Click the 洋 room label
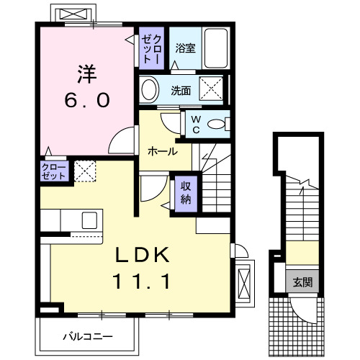coord(85,73)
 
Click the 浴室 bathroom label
coord(185,48)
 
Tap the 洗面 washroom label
coord(180,91)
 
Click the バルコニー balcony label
coord(87,336)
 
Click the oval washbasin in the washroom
coord(149,90)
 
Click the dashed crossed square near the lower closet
coord(84,171)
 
